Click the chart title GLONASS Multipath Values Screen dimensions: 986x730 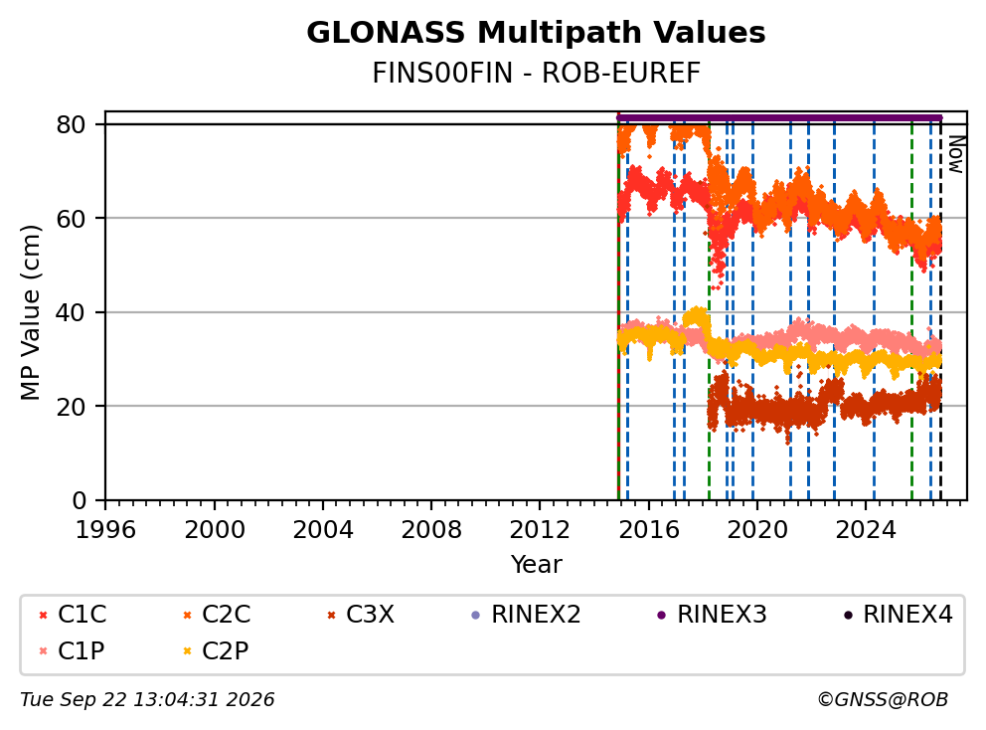(x=536, y=33)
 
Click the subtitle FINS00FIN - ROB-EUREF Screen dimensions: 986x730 (x=536, y=74)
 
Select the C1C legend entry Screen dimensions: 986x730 (x=73, y=615)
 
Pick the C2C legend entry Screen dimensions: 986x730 (x=217, y=615)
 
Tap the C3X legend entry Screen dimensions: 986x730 (x=361, y=615)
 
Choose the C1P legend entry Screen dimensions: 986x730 (x=72, y=650)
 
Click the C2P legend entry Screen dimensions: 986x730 (x=216, y=650)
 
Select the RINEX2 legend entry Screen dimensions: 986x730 (x=526, y=615)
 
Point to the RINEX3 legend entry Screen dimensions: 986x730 (x=712, y=615)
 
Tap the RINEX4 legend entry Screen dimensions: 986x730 (x=898, y=615)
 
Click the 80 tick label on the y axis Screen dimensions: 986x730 (x=71, y=124)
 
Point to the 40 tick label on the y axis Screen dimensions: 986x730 (x=71, y=312)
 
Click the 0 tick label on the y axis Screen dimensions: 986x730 (x=80, y=500)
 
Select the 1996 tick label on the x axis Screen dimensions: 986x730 (x=105, y=530)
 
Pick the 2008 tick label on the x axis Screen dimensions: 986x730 (x=431, y=530)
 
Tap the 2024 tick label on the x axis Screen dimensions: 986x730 (x=866, y=530)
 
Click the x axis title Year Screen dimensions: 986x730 (x=536, y=565)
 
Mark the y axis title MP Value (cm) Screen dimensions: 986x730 (x=30, y=312)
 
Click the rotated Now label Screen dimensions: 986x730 (x=956, y=154)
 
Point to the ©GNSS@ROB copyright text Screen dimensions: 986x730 (x=883, y=699)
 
